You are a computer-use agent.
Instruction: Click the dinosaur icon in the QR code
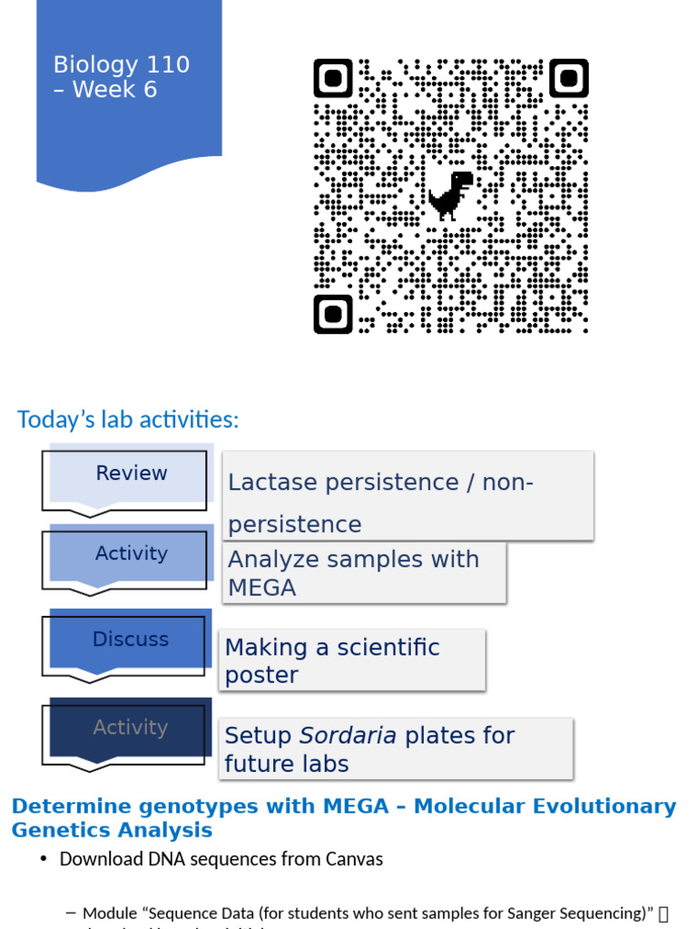click(x=450, y=194)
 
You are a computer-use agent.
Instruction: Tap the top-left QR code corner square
click(x=333, y=79)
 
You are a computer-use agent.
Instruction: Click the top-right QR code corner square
click(x=569, y=79)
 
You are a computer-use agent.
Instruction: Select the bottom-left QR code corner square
click(x=333, y=314)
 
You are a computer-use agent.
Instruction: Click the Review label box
click(x=132, y=474)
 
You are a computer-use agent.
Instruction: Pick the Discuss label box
click(x=131, y=640)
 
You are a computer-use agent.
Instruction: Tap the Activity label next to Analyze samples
click(x=132, y=553)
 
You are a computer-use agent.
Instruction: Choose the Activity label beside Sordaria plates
click(x=131, y=728)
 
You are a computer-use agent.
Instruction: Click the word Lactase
click(x=272, y=483)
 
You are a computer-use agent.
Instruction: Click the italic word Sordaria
click(x=348, y=736)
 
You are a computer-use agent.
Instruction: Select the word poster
click(x=261, y=676)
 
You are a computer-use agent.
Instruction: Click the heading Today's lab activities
click(x=128, y=420)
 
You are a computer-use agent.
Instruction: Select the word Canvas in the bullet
click(x=351, y=858)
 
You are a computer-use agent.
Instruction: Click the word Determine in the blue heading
click(x=69, y=807)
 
